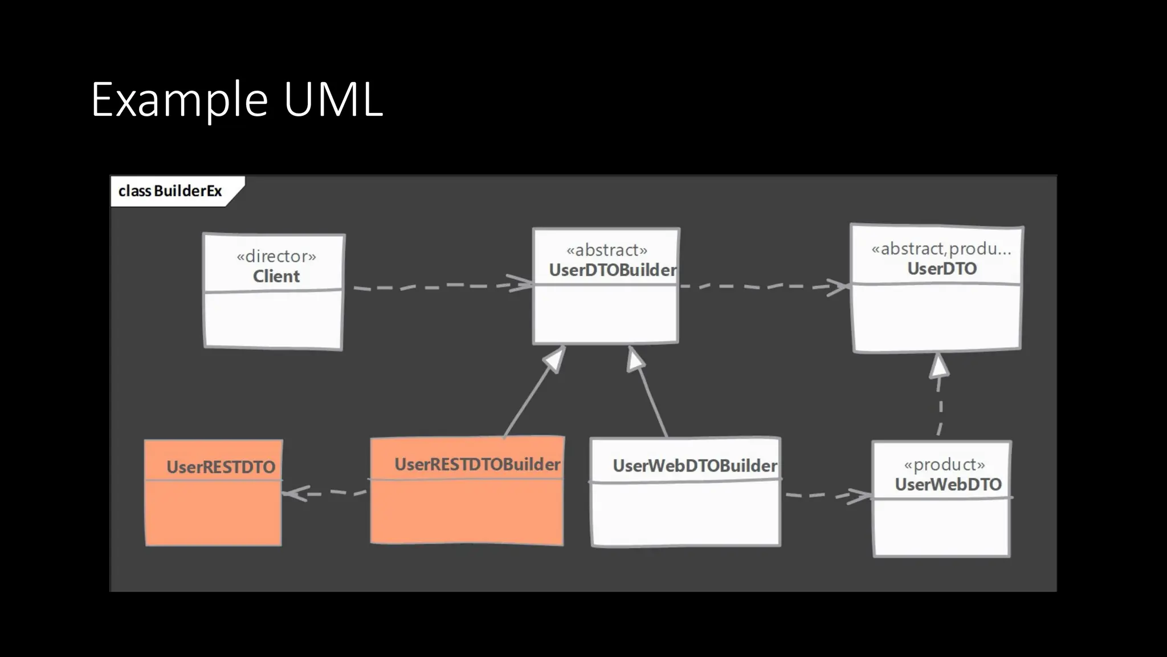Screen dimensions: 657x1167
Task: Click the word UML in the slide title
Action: click(333, 100)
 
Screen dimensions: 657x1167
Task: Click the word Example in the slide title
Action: click(179, 100)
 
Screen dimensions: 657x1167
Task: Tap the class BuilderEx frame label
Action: click(170, 191)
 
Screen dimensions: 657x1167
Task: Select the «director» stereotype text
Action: click(276, 256)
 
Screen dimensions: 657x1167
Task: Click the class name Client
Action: click(276, 277)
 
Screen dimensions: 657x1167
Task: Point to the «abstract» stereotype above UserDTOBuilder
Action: click(607, 250)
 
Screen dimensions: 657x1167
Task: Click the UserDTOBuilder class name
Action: click(613, 270)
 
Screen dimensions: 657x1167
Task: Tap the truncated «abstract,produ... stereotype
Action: click(941, 249)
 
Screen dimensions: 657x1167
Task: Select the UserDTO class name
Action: click(942, 269)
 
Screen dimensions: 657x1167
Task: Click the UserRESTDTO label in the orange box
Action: click(221, 468)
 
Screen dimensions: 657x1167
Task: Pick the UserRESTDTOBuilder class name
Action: click(478, 465)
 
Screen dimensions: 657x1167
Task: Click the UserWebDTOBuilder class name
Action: click(695, 466)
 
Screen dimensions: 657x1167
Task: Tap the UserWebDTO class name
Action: click(948, 485)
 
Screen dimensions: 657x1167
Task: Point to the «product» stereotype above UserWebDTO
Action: click(944, 465)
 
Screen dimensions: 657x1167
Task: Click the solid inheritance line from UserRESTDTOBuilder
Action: click(530, 399)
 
